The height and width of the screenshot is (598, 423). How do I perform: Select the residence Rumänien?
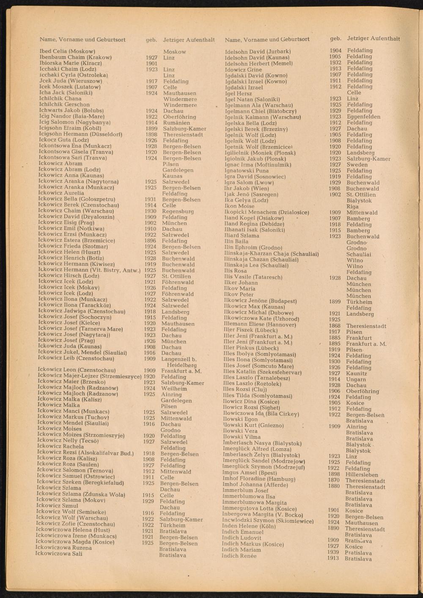coord(176,122)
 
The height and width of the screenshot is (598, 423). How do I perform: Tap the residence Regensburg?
coord(178,211)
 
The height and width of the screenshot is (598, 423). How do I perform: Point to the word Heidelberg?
coord(182,365)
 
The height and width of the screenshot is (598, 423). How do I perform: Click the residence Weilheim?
coord(174,388)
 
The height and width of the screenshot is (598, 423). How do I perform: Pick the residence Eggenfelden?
coord(363,117)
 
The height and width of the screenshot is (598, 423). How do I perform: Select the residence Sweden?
coord(357,164)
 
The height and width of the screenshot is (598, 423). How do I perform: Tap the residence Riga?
coord(352,206)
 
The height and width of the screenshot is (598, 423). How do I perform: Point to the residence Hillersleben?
coord(362,475)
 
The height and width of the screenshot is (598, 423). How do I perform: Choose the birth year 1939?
coord(333,552)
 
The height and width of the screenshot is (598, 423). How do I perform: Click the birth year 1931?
coord(150,199)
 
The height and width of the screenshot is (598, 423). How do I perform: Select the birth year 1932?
coord(335,62)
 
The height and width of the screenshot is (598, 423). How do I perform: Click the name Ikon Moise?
coord(239,206)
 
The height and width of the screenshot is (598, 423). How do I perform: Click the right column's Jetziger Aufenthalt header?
coord(373,39)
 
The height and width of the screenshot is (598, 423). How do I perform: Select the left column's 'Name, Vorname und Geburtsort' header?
coord(82,39)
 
